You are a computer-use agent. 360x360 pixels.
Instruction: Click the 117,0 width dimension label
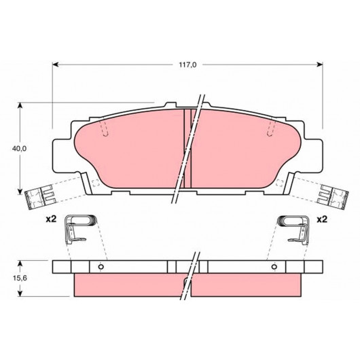point(187,65)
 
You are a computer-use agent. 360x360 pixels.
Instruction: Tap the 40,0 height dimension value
point(19,149)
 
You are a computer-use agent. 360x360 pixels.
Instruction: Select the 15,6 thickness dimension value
point(20,278)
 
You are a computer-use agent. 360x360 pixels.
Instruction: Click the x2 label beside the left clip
point(51,219)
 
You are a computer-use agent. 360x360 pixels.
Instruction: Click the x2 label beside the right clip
point(322,219)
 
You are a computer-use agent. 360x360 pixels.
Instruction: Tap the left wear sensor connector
point(40,197)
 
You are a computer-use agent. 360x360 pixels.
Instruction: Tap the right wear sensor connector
point(333,197)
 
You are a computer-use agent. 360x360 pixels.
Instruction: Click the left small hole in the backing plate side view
point(101,267)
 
